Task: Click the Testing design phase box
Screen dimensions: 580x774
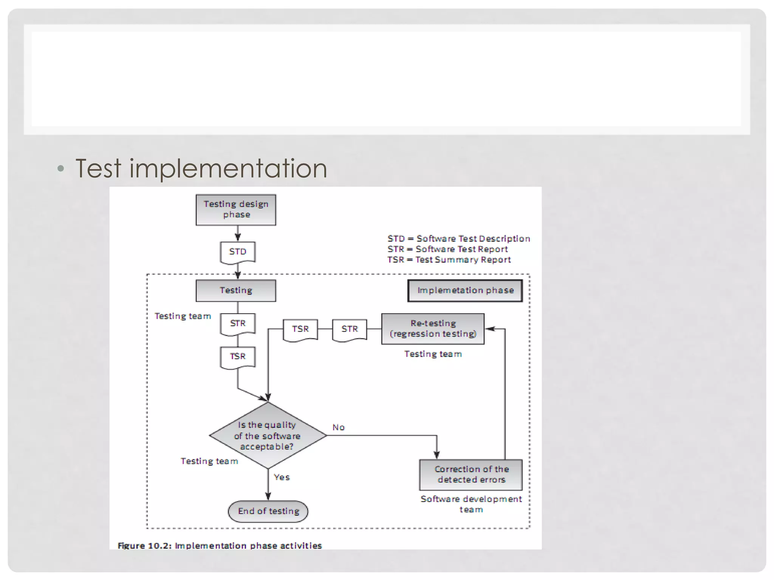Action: pyautogui.click(x=236, y=210)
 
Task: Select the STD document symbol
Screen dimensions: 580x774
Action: pyautogui.click(x=238, y=252)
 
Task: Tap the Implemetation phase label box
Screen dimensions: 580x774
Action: pyautogui.click(x=465, y=290)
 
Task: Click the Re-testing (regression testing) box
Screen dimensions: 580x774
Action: pyautogui.click(x=433, y=329)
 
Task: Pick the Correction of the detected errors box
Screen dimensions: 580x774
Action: pyautogui.click(x=471, y=474)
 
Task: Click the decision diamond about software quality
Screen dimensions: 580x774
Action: pyautogui.click(x=268, y=435)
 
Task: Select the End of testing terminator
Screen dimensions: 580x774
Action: pyautogui.click(x=268, y=511)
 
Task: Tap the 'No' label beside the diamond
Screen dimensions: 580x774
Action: pyautogui.click(x=338, y=427)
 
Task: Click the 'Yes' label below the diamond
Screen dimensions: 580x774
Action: pyautogui.click(x=282, y=477)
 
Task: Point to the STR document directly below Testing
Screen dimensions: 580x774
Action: pyautogui.click(x=238, y=324)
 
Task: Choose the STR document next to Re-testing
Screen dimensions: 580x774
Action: pyautogui.click(x=350, y=329)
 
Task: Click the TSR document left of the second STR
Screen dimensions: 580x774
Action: pyautogui.click(x=300, y=329)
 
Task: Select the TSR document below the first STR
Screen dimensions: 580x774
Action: pyautogui.click(x=238, y=357)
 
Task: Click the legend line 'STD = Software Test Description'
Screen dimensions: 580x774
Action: pyautogui.click(x=458, y=239)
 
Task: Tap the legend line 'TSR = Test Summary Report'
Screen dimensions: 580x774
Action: pyautogui.click(x=449, y=260)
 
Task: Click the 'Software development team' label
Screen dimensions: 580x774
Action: pyautogui.click(x=471, y=504)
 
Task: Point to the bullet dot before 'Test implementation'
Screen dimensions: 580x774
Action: pyautogui.click(x=60, y=168)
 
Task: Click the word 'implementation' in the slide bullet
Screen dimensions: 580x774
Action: pyautogui.click(x=228, y=168)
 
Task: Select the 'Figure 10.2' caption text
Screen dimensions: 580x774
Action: pyautogui.click(x=220, y=546)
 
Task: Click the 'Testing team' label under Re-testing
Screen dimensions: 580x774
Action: pyautogui.click(x=433, y=354)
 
